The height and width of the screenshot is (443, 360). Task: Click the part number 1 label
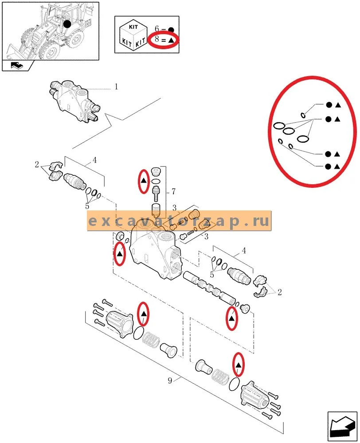click(x=116, y=87)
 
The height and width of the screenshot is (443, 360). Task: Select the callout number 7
click(x=173, y=191)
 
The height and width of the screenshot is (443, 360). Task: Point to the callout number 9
click(x=170, y=381)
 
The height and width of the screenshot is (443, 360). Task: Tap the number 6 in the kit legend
click(x=157, y=28)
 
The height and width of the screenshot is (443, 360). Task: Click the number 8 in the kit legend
click(x=157, y=39)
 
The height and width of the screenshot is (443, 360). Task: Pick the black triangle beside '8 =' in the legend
click(x=171, y=40)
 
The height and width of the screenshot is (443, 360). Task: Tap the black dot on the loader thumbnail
click(x=67, y=24)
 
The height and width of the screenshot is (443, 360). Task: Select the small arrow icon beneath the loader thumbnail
click(x=17, y=66)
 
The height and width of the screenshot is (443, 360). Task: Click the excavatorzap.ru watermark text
click(x=179, y=221)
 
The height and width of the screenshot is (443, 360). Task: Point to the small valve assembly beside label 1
click(x=74, y=101)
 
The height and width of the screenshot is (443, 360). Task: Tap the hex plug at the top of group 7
click(x=156, y=171)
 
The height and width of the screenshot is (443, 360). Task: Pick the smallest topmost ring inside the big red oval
click(x=303, y=115)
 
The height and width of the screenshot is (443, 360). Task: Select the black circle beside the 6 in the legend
click(x=171, y=30)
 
